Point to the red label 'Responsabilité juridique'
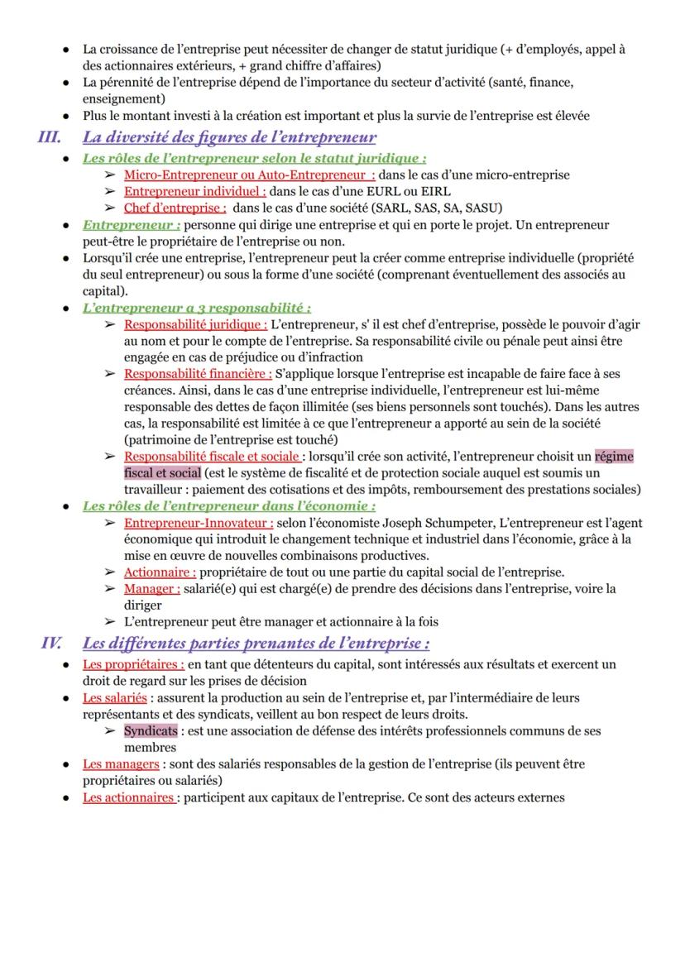[195, 324]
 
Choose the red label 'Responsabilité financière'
[198, 374]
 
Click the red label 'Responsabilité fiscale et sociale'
[212, 457]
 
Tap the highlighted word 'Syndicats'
[151, 731]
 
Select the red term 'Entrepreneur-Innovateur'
[199, 523]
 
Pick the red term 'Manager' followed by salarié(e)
[151, 589]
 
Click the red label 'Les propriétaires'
[133, 664]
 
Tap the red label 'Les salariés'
[115, 698]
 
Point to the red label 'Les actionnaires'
[128, 797]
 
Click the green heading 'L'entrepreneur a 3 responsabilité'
[196, 308]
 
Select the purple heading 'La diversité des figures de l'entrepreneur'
[229, 137]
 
